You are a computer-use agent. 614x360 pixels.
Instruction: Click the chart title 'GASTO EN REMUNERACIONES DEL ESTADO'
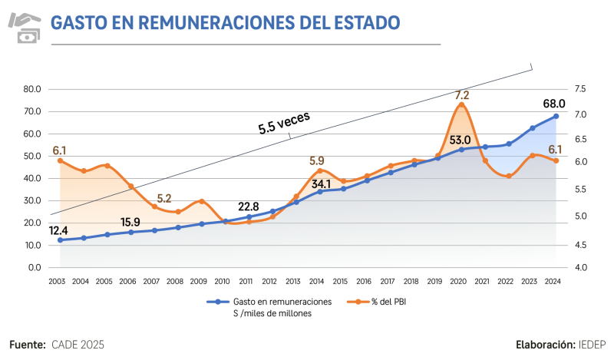tap(225, 22)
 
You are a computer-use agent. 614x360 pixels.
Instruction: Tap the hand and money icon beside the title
tap(25, 26)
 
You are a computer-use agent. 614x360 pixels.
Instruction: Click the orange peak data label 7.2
tap(461, 95)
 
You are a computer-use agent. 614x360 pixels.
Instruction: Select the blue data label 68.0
tap(554, 104)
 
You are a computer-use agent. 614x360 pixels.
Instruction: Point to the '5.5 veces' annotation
tap(283, 123)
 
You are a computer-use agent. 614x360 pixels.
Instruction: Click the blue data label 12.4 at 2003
tap(58, 230)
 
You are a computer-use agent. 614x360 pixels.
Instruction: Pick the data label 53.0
tap(460, 140)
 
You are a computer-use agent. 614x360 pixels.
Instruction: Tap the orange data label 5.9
tap(317, 161)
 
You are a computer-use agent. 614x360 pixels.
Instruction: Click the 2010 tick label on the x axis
tap(222, 282)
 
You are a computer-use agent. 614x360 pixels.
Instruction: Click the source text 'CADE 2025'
tap(78, 345)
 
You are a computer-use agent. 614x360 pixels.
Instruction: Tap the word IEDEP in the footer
tap(592, 345)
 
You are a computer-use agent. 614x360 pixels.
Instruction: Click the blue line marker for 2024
tap(556, 116)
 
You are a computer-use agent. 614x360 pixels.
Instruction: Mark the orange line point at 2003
tap(60, 160)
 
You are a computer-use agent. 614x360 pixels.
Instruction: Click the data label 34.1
tap(321, 184)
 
